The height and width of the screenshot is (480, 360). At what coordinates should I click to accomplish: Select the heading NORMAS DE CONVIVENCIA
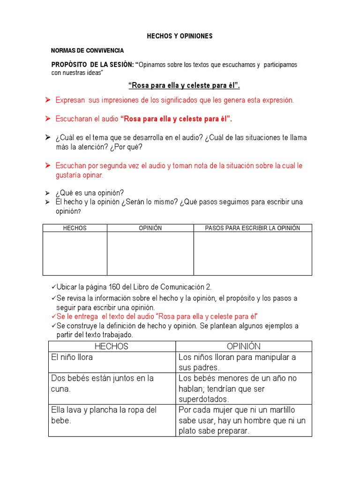pos(88,50)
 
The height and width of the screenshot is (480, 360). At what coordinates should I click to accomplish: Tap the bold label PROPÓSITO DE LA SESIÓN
pos(92,64)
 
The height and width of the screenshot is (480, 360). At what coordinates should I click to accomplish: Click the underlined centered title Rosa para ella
pos(184,85)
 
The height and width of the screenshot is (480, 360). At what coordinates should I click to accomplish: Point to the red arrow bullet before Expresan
pos(47,100)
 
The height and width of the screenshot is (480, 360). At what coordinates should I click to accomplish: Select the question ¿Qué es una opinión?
pos(90,193)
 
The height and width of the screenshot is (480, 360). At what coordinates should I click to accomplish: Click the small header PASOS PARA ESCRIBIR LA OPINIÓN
pos(253,228)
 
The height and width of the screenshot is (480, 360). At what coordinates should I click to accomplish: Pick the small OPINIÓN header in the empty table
pos(150,228)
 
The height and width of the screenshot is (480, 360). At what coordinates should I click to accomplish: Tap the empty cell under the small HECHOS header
pos(75,253)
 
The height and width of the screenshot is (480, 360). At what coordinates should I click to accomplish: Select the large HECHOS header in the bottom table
pos(112,346)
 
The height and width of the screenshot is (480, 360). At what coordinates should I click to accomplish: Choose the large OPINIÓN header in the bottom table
pos(243,346)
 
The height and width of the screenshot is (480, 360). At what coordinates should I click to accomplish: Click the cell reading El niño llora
pos(72,357)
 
